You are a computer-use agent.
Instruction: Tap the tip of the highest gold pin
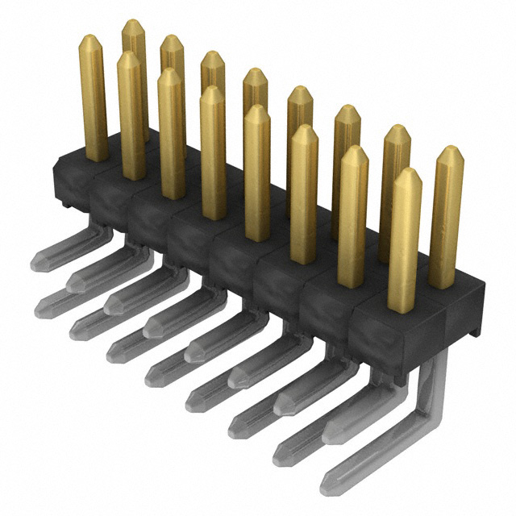pyautogui.click(x=133, y=24)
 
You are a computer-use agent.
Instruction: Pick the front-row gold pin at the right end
pyautogui.click(x=404, y=242)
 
